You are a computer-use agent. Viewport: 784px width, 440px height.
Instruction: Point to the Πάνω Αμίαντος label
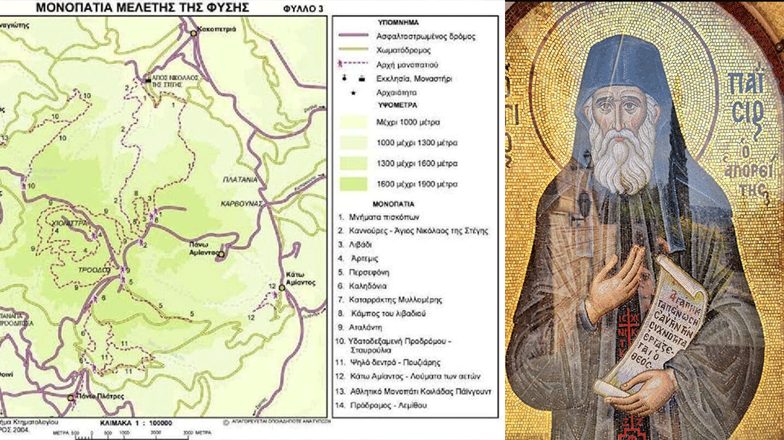point(196,248)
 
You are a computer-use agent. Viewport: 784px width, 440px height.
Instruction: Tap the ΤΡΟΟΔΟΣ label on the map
point(96,270)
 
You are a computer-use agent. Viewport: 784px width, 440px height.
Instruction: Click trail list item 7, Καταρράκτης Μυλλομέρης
point(396,300)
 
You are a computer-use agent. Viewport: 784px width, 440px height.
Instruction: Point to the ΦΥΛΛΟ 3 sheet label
point(303,10)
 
